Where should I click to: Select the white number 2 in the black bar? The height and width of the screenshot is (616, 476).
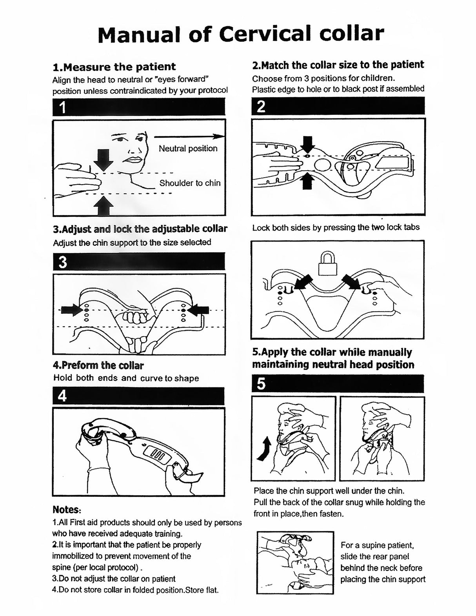(261, 106)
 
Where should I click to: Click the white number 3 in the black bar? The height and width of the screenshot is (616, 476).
(63, 262)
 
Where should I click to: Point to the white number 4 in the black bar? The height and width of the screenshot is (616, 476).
(62, 396)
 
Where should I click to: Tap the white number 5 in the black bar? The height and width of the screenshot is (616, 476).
(261, 383)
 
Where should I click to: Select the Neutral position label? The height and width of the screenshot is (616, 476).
(188, 149)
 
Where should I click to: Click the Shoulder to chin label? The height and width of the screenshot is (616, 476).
(190, 183)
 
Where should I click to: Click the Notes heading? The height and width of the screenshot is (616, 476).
(67, 510)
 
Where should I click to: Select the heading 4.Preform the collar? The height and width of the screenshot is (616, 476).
(98, 365)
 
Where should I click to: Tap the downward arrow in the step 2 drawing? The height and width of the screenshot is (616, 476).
(307, 144)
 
